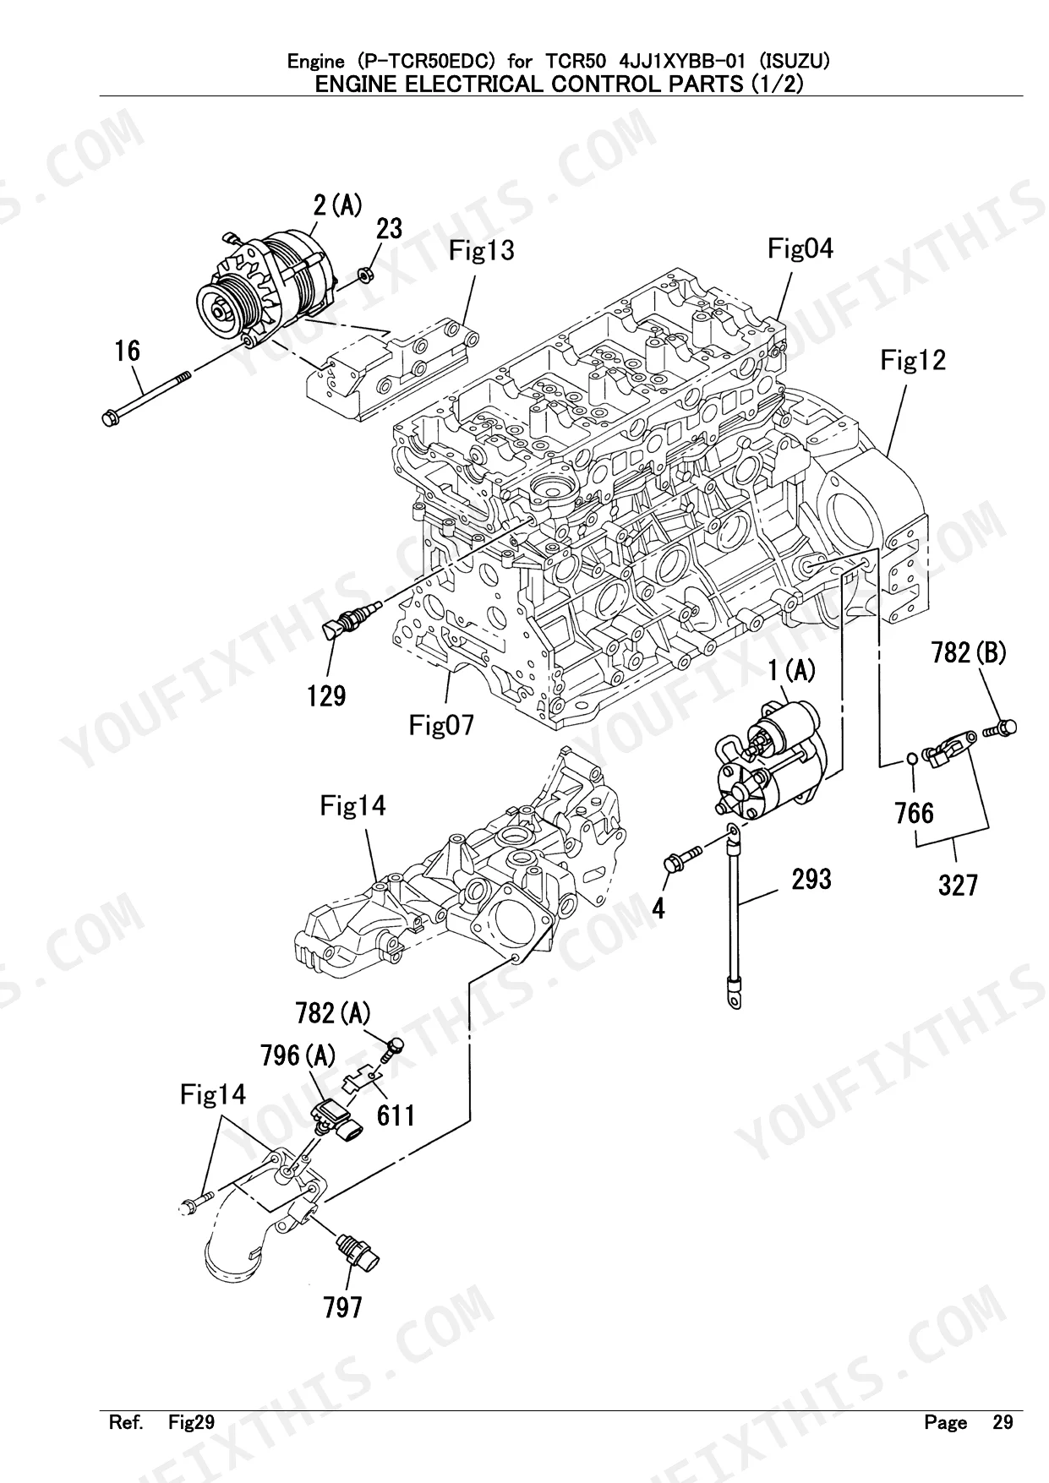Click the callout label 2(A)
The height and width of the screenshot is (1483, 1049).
coord(337,204)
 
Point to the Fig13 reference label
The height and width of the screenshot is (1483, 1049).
coord(481,250)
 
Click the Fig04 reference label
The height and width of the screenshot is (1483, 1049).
coord(800,248)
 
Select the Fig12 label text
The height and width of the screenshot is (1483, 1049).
coord(912,361)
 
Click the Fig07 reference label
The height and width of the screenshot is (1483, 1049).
coord(441,724)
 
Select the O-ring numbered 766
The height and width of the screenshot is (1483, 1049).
coord(910,758)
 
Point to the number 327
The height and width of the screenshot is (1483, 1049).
coord(958,885)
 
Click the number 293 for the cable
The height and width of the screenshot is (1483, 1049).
coord(811,879)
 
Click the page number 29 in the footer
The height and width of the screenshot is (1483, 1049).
coord(1002,1422)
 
